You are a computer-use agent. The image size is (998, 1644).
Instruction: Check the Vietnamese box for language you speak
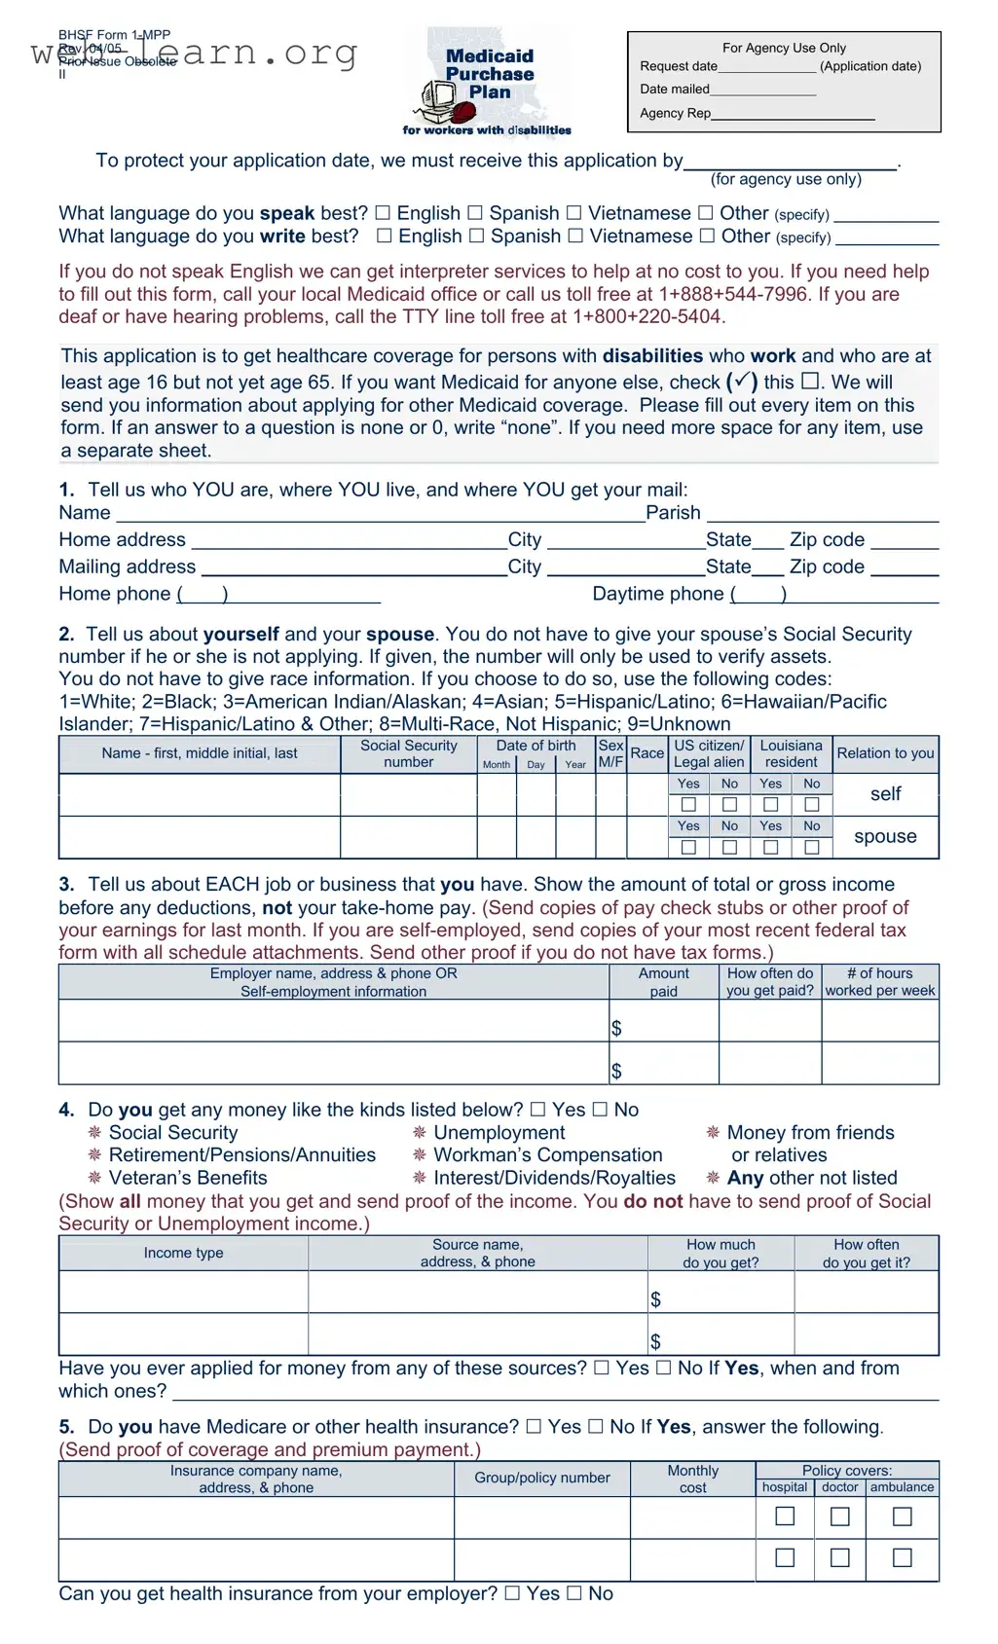click(x=574, y=213)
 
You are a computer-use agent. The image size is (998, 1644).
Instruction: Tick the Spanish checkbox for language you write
click(x=477, y=236)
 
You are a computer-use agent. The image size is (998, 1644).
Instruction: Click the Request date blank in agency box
click(x=767, y=67)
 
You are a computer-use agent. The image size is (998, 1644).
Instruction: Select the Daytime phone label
click(x=657, y=594)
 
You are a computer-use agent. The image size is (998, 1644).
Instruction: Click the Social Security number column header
click(x=408, y=753)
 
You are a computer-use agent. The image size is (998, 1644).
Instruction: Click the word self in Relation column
click(x=885, y=794)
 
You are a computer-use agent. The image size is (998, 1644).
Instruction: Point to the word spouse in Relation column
click(x=885, y=836)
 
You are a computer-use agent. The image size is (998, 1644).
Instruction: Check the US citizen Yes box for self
click(x=688, y=805)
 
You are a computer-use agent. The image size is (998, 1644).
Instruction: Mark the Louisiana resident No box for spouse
click(x=812, y=848)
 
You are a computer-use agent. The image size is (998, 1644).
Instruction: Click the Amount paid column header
click(x=663, y=982)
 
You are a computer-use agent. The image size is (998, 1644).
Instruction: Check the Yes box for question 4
click(x=538, y=1110)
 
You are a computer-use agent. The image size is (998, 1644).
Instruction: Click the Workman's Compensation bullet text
click(x=547, y=1155)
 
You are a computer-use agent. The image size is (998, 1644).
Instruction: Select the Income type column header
click(x=183, y=1253)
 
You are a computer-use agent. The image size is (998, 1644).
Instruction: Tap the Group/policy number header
click(x=541, y=1478)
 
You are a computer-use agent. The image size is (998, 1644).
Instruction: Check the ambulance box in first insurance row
click(x=903, y=1516)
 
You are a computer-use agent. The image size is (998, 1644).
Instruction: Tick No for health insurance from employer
click(x=574, y=1593)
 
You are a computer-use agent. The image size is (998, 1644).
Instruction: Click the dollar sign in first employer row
click(x=616, y=1029)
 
